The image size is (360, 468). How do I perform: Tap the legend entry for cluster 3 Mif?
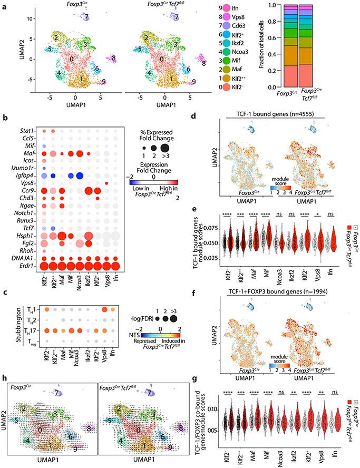tap(243, 61)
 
